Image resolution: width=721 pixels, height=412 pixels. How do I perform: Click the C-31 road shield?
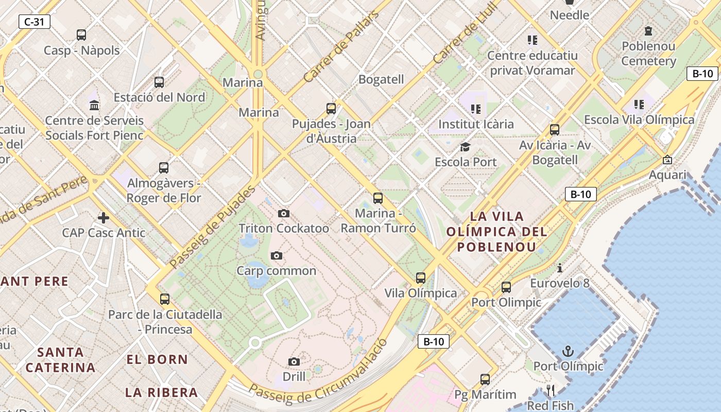(35, 22)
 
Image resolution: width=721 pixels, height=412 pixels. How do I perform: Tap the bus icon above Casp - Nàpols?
(81, 35)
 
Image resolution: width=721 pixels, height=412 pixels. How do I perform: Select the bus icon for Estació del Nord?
(159, 82)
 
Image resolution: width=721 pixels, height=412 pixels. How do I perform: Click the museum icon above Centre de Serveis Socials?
(94, 106)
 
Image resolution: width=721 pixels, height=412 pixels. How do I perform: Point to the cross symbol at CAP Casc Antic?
(104, 218)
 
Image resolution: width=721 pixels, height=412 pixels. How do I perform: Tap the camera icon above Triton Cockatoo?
(283, 213)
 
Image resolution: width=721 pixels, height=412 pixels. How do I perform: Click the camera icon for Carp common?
(277, 256)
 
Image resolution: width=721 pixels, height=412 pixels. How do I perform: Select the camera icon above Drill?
(294, 362)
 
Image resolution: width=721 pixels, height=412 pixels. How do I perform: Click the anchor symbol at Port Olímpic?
(568, 352)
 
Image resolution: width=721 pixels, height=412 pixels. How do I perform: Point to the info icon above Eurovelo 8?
(560, 268)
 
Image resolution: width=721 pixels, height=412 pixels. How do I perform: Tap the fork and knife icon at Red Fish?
(551, 391)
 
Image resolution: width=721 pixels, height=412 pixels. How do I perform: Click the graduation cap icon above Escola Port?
(466, 147)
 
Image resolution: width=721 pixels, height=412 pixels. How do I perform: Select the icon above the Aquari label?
(667, 160)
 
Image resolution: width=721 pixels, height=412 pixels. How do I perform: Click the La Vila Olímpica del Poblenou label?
(496, 231)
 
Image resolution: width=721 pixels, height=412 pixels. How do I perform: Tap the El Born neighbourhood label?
(157, 359)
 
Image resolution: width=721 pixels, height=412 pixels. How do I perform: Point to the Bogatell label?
(381, 79)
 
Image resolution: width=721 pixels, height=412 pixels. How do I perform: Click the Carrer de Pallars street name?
(341, 46)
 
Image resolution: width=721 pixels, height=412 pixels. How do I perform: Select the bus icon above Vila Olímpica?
(421, 278)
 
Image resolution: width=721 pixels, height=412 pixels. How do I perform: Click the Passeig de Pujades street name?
(212, 228)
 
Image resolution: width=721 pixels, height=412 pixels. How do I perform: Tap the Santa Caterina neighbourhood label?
(60, 359)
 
